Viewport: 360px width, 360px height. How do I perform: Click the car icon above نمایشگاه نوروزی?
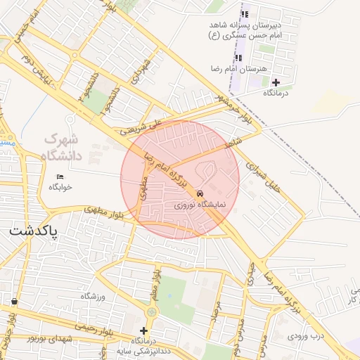click(x=201, y=193)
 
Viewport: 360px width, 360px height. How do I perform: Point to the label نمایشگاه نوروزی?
click(x=201, y=204)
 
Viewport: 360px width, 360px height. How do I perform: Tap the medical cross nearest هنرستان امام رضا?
click(x=276, y=82)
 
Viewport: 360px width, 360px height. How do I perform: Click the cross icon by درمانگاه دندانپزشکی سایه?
click(x=144, y=330)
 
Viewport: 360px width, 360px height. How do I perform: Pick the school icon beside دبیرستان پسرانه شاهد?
click(x=245, y=14)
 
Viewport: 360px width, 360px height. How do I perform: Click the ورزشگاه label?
click(x=92, y=297)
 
